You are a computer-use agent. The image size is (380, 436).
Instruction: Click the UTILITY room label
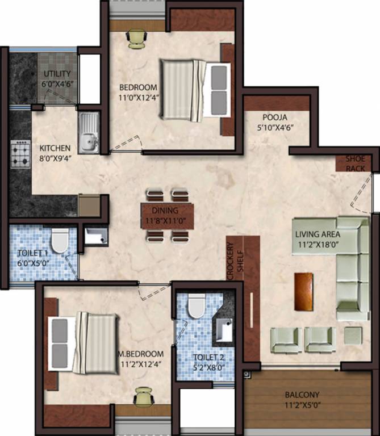pyautogui.click(x=57, y=74)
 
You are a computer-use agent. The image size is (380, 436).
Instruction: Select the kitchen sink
pyautogui.click(x=88, y=139)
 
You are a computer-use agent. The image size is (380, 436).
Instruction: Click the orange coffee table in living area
pyautogui.click(x=303, y=292)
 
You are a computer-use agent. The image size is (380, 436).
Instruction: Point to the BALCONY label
pyautogui.click(x=303, y=395)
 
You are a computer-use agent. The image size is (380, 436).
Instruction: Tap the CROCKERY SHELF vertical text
pyautogui.click(x=235, y=261)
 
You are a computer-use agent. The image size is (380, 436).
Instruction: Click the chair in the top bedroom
pyautogui.click(x=136, y=39)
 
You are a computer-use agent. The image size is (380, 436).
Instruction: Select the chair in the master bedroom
pyautogui.click(x=141, y=398)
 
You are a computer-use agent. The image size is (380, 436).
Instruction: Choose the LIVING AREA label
pyautogui.click(x=318, y=234)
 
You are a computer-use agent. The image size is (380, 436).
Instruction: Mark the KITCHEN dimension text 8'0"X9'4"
pyautogui.click(x=55, y=158)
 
